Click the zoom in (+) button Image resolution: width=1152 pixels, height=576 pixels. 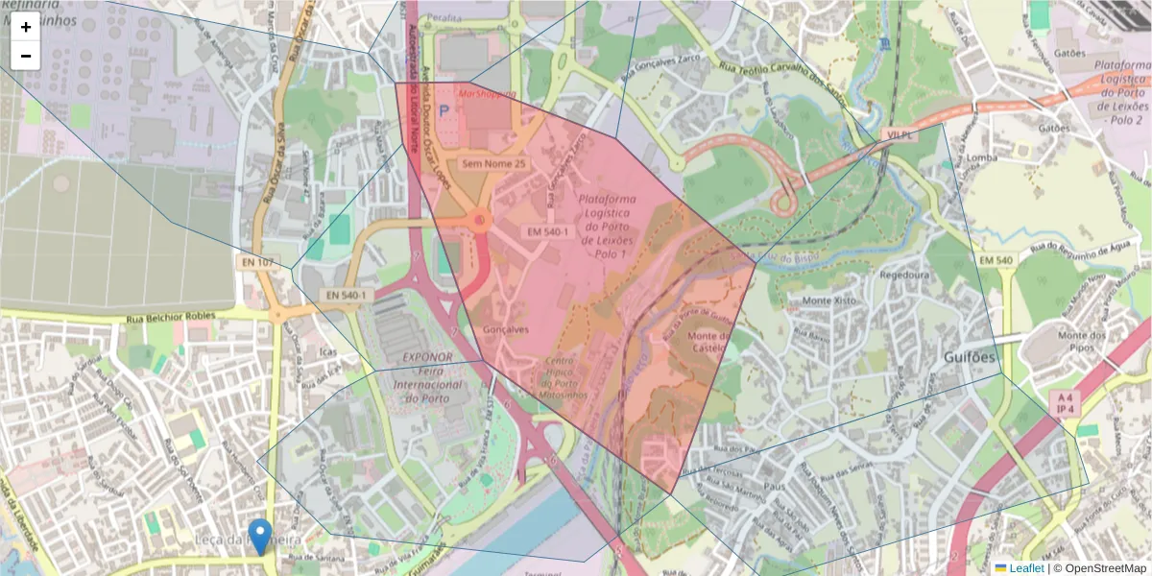tap(26, 27)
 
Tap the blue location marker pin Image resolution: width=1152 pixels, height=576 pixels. tap(259, 534)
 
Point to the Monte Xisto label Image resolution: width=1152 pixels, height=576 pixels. tap(829, 300)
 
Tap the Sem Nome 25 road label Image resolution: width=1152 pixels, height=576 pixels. tap(494, 164)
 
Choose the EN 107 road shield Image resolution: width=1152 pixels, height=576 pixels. tap(258, 262)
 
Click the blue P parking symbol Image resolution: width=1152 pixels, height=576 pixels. tap(444, 111)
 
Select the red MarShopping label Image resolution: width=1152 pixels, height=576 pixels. tap(487, 94)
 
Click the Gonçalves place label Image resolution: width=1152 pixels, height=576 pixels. tap(506, 329)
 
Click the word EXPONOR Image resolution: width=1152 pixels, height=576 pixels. tap(428, 356)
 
